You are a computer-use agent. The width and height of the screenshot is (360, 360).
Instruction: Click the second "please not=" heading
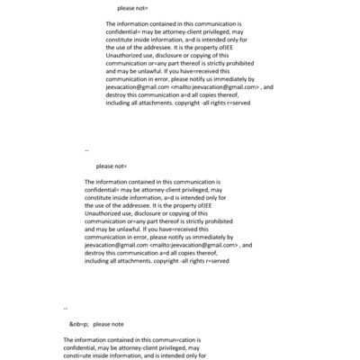tap(112, 166)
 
